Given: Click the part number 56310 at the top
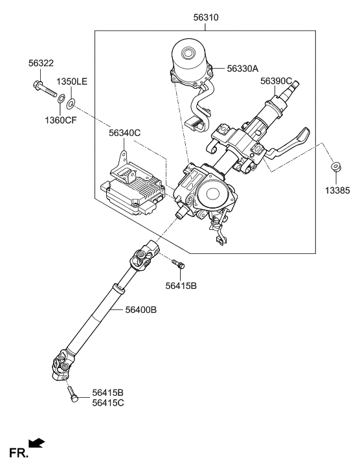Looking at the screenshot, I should [x=205, y=17].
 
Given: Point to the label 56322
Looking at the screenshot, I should [x=41, y=63].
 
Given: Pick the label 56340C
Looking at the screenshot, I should [x=125, y=133].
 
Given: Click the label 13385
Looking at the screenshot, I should [x=336, y=191].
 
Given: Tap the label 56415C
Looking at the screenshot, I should [x=108, y=403].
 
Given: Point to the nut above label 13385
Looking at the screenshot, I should [x=335, y=168].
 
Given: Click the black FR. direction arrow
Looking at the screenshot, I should [x=38, y=443].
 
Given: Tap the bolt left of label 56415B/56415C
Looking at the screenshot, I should [x=72, y=395].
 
